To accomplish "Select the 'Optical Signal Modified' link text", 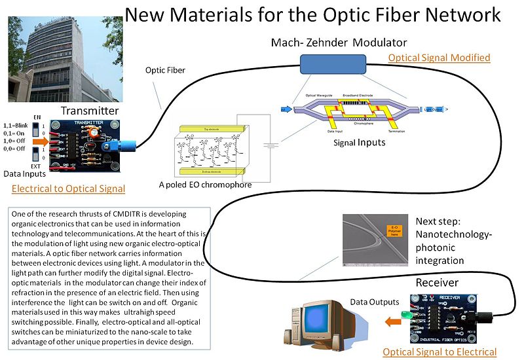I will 439,58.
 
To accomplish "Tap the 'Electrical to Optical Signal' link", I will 69,189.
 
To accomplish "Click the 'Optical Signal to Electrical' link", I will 440,351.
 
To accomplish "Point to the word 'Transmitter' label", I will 89,111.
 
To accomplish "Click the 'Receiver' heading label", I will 438,282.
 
